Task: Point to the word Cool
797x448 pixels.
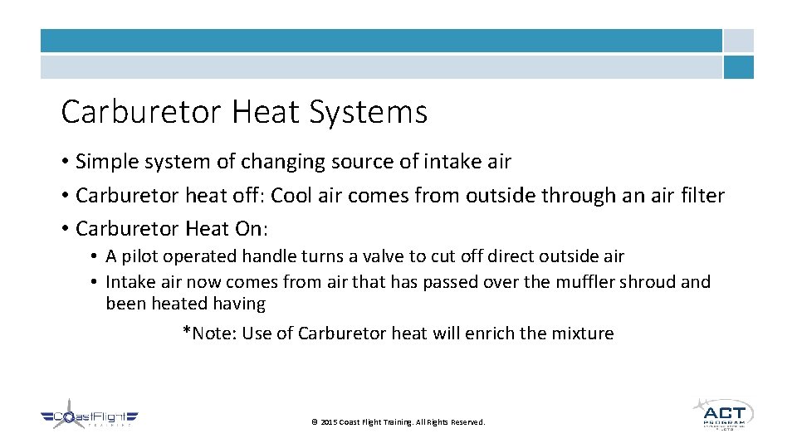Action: [292, 196]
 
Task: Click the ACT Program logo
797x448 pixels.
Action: [722, 413]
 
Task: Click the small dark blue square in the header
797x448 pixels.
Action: [738, 67]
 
